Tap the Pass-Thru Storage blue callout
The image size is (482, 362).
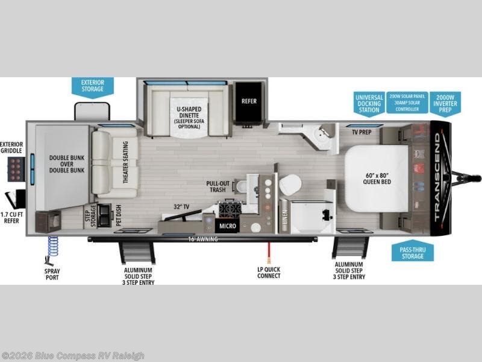coord(412,252)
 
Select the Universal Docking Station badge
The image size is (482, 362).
coord(368,103)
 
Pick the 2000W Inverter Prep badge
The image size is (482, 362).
coord(445,103)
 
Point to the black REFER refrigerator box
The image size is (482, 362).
coord(249,101)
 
